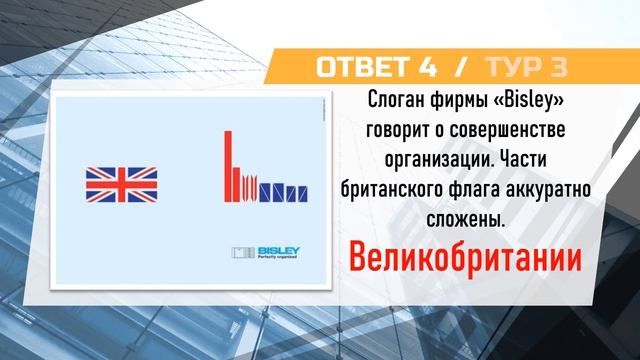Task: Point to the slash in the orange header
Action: coord(460,67)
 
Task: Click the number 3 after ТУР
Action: coord(558,67)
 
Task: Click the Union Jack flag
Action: coord(121,184)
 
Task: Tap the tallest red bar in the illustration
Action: coord(228,165)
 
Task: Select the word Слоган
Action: coord(385,101)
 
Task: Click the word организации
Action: coord(426,159)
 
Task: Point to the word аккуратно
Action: coord(541,188)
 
